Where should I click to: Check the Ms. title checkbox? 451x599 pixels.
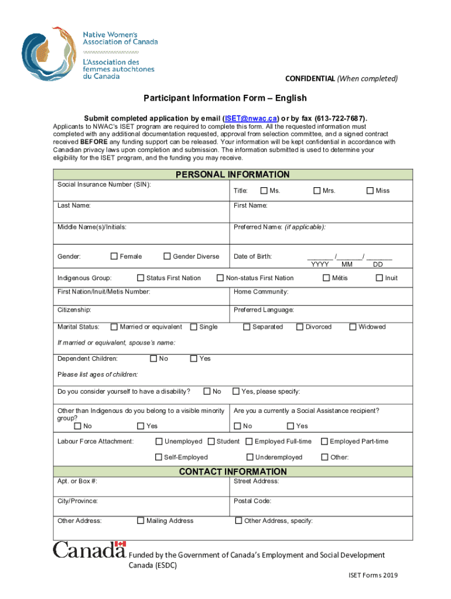(264, 191)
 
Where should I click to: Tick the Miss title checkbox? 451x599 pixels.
(370, 191)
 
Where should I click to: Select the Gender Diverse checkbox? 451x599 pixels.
(167, 256)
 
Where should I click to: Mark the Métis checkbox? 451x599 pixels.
(326, 278)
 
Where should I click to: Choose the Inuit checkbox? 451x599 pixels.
(379, 278)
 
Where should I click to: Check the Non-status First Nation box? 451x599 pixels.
(221, 278)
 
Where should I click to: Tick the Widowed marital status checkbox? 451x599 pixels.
(353, 327)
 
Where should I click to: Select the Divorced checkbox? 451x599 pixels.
(300, 327)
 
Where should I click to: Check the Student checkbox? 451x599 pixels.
(211, 442)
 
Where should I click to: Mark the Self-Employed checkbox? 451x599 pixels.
(158, 457)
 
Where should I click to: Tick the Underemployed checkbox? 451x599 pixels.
(250, 457)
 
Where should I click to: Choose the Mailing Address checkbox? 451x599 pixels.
(141, 521)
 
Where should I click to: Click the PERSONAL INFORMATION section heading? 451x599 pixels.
(233, 174)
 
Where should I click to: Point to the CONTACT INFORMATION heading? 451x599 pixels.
(233, 471)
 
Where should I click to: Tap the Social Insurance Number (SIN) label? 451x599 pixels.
(104, 185)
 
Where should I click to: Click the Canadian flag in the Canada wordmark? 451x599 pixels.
(121, 545)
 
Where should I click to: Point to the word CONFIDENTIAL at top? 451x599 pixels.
(310, 79)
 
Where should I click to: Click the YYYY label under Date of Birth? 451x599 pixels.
(319, 264)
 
